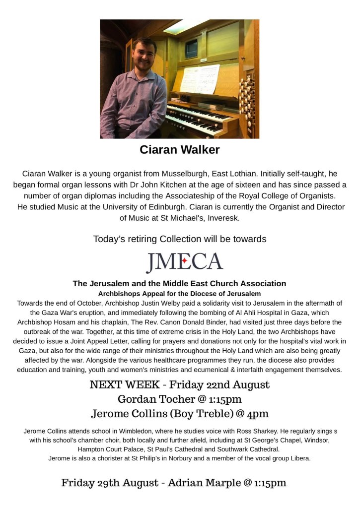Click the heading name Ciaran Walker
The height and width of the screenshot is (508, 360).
(179, 149)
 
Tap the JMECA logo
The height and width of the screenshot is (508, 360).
(184, 262)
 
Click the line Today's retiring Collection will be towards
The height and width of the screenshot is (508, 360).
(180, 239)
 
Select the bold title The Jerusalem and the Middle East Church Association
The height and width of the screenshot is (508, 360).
(179, 284)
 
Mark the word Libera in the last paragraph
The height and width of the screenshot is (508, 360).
(298, 458)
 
